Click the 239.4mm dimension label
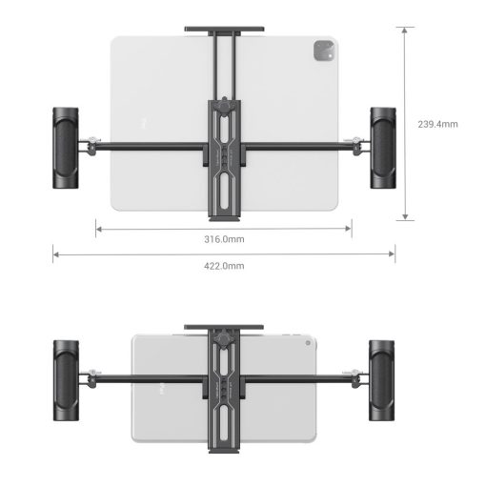[x=439, y=124]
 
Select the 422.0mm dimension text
[x=225, y=266]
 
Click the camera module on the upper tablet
[x=317, y=51]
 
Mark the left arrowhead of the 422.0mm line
[x=55, y=253]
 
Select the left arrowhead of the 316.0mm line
[x=98, y=228]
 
